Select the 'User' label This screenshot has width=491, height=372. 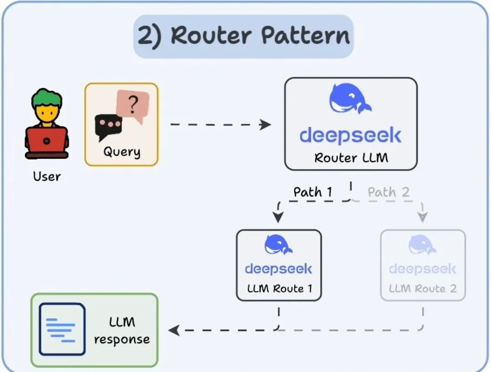point(46,176)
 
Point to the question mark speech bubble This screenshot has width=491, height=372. point(132,106)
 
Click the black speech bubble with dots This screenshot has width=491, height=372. point(108,126)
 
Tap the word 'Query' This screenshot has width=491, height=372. point(121,151)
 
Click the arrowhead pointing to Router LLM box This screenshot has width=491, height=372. point(266,125)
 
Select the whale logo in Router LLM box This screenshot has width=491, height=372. point(350,99)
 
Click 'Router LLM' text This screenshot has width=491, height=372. point(351,158)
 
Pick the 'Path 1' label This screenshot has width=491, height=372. point(313,192)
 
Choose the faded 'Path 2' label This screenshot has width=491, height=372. point(389,192)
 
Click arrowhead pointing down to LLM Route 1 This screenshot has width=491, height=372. point(278,217)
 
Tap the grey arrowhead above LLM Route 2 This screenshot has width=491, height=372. point(423,217)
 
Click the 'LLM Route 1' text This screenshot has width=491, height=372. point(279,288)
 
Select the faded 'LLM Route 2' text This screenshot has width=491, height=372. point(422,288)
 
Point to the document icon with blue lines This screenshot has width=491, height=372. point(62,329)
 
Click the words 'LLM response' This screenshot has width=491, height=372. point(122,331)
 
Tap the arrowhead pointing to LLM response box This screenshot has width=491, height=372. point(174,330)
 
